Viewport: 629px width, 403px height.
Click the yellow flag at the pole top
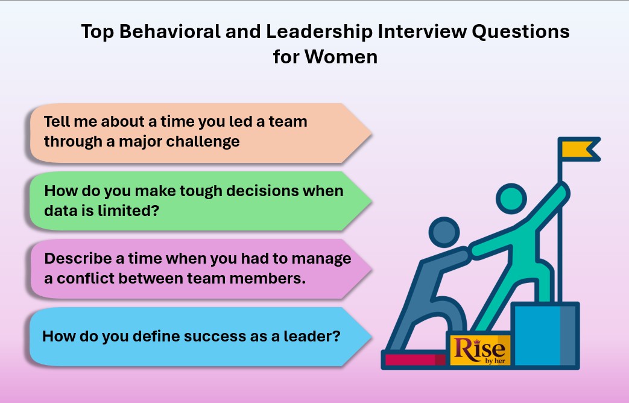coord(578,148)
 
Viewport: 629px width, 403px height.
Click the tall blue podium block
coord(545,335)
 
